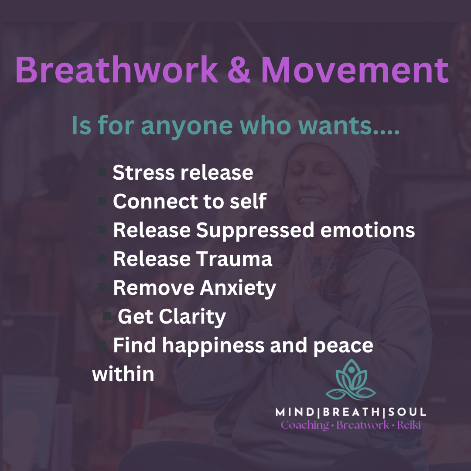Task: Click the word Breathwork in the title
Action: click(x=116, y=70)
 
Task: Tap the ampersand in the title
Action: click(x=239, y=70)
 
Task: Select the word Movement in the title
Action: click(x=355, y=70)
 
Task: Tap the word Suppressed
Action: click(x=255, y=231)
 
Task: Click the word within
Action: click(x=123, y=374)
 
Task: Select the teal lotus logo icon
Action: click(x=351, y=381)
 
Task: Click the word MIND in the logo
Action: click(x=294, y=412)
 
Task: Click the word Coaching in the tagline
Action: click(x=305, y=425)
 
